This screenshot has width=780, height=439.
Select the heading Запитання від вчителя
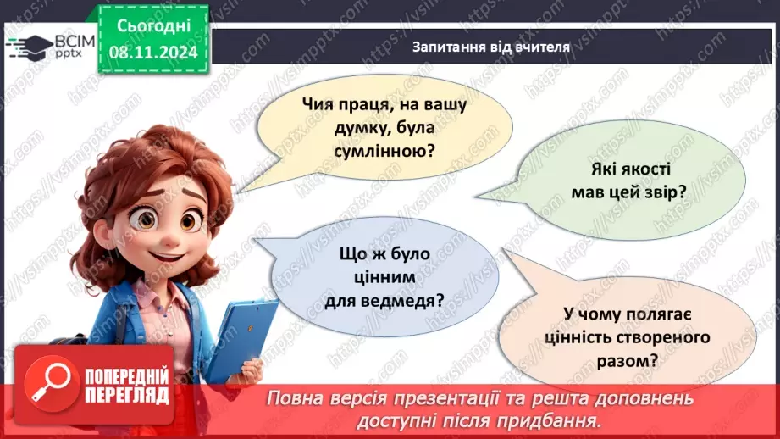[490, 47]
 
